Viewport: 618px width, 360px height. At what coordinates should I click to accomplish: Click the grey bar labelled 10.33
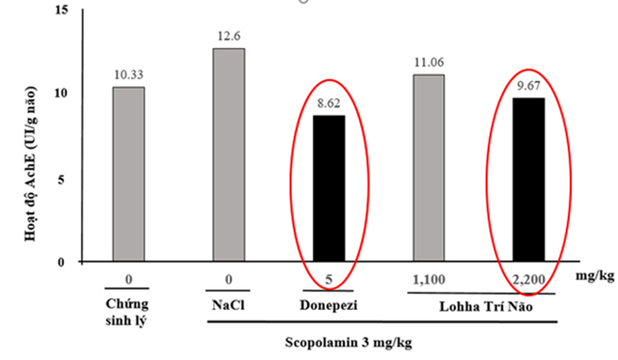pyautogui.click(x=128, y=174)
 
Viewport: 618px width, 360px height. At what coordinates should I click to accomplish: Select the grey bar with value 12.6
pyautogui.click(x=229, y=154)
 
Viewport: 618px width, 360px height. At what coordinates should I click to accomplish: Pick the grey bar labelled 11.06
pyautogui.click(x=429, y=168)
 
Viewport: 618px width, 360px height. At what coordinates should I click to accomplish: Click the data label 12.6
pyautogui.click(x=229, y=36)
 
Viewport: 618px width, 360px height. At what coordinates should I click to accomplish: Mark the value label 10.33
pyautogui.click(x=128, y=75)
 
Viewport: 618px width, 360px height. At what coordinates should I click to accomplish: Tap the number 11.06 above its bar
pyautogui.click(x=429, y=62)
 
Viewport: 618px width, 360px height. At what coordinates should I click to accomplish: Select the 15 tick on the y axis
pyautogui.click(x=64, y=11)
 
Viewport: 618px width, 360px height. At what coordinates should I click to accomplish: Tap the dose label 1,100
pyautogui.click(x=429, y=280)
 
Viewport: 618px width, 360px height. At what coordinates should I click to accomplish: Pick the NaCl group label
pyautogui.click(x=228, y=305)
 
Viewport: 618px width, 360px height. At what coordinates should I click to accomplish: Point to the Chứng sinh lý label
pyautogui.click(x=128, y=313)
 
